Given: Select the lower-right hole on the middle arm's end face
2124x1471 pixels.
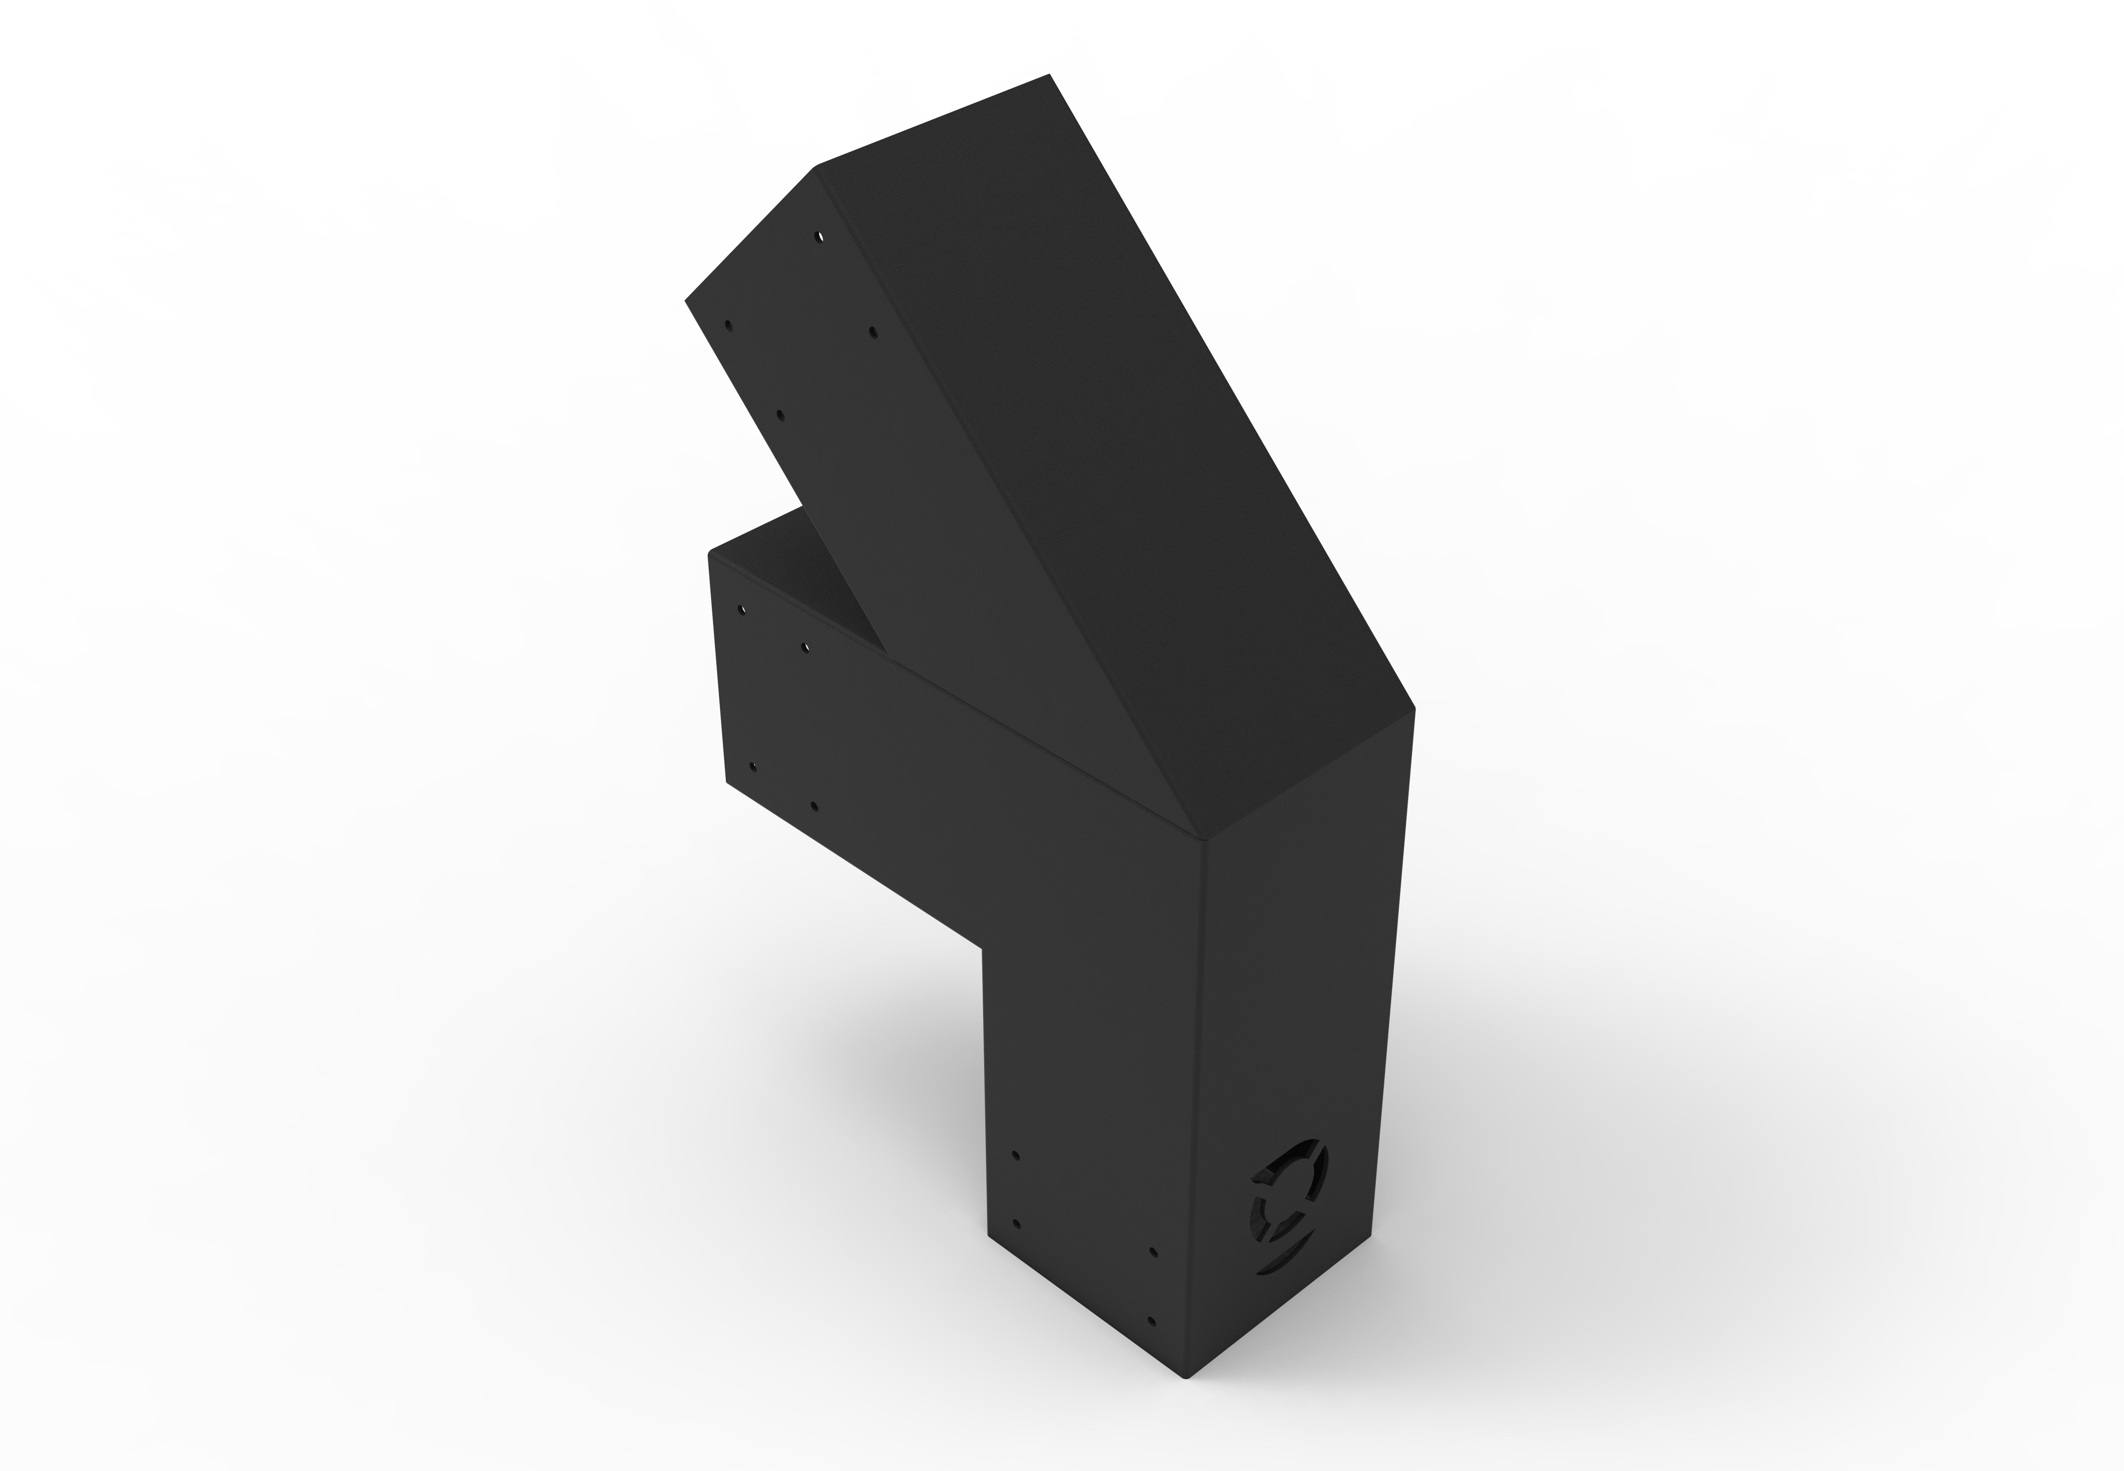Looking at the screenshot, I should point(813,805).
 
